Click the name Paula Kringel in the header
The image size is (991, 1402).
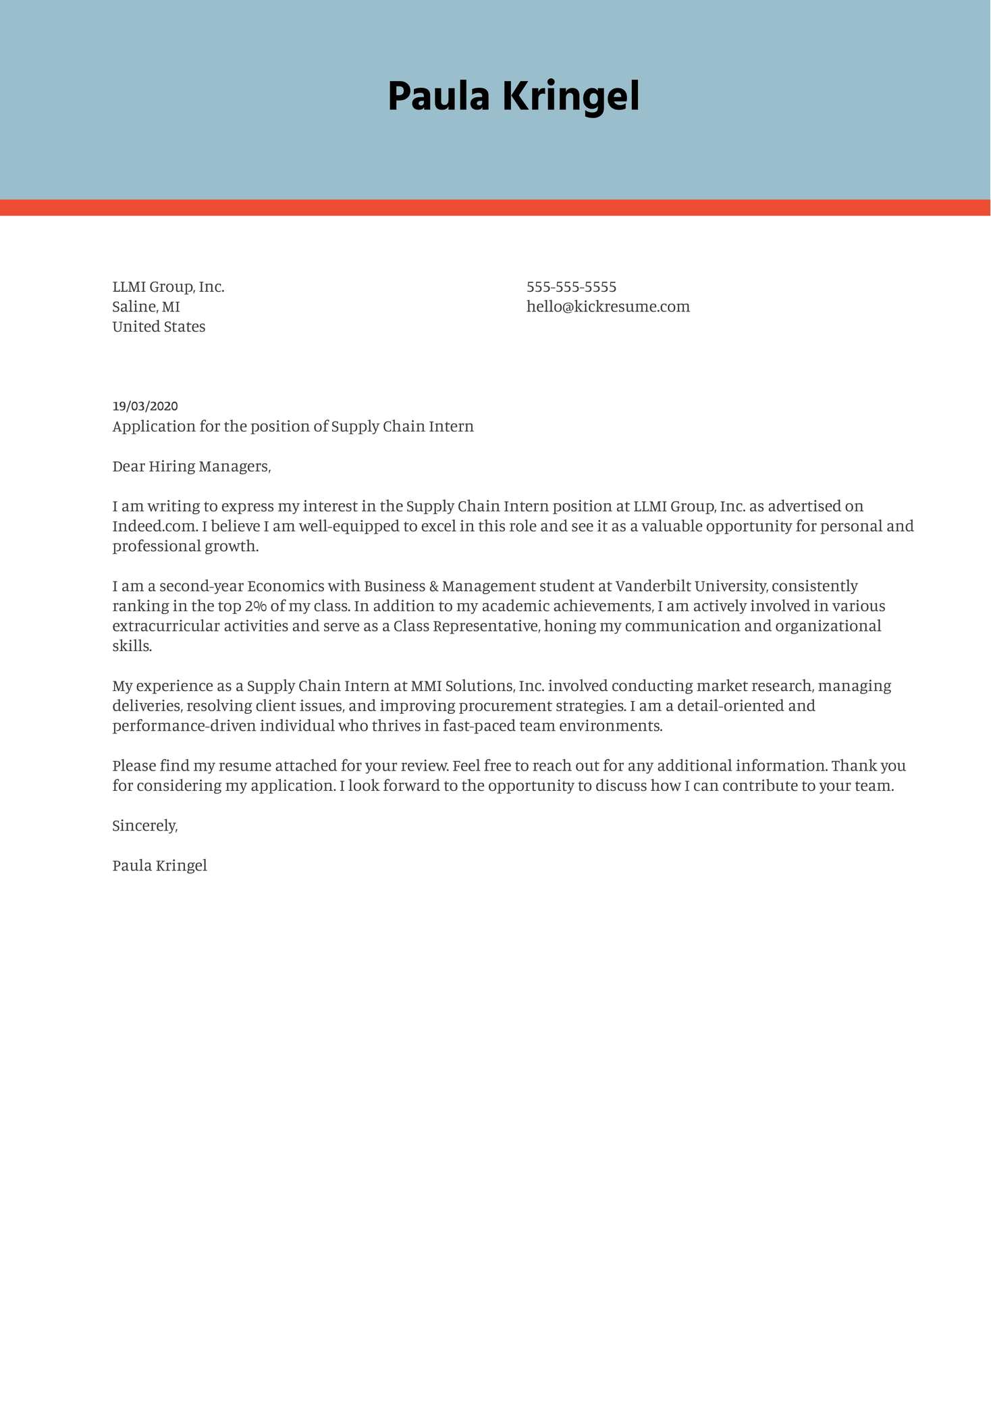pyautogui.click(x=513, y=97)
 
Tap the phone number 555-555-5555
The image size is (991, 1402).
pyautogui.click(x=571, y=287)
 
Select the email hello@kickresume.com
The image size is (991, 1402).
pyautogui.click(x=608, y=307)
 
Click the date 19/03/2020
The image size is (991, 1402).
pyautogui.click(x=145, y=406)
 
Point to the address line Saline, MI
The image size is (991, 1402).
pyautogui.click(x=146, y=307)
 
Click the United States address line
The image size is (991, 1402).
pyautogui.click(x=159, y=327)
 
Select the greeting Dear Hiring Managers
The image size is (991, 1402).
pyautogui.click(x=191, y=466)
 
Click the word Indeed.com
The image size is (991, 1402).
pyautogui.click(x=154, y=526)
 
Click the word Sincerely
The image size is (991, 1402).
pyautogui.click(x=144, y=825)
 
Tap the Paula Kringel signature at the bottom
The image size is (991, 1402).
pyautogui.click(x=159, y=865)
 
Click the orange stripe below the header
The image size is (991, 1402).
pyautogui.click(x=495, y=207)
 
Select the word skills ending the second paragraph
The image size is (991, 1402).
pyautogui.click(x=132, y=646)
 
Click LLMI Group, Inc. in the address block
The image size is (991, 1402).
pyautogui.click(x=168, y=287)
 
